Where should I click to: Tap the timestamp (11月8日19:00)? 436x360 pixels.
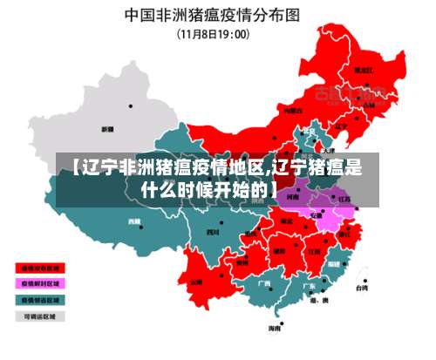214,34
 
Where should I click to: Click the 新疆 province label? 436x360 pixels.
108,129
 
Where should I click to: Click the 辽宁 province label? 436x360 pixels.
341,126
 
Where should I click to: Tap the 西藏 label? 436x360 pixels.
134,221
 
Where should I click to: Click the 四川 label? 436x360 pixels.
212,232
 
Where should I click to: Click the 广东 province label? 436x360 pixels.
308,284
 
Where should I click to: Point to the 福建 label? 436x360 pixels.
334,262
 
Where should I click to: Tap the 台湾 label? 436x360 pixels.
361,287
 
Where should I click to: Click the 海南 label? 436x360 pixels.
275,329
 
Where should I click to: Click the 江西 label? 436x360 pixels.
313,251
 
